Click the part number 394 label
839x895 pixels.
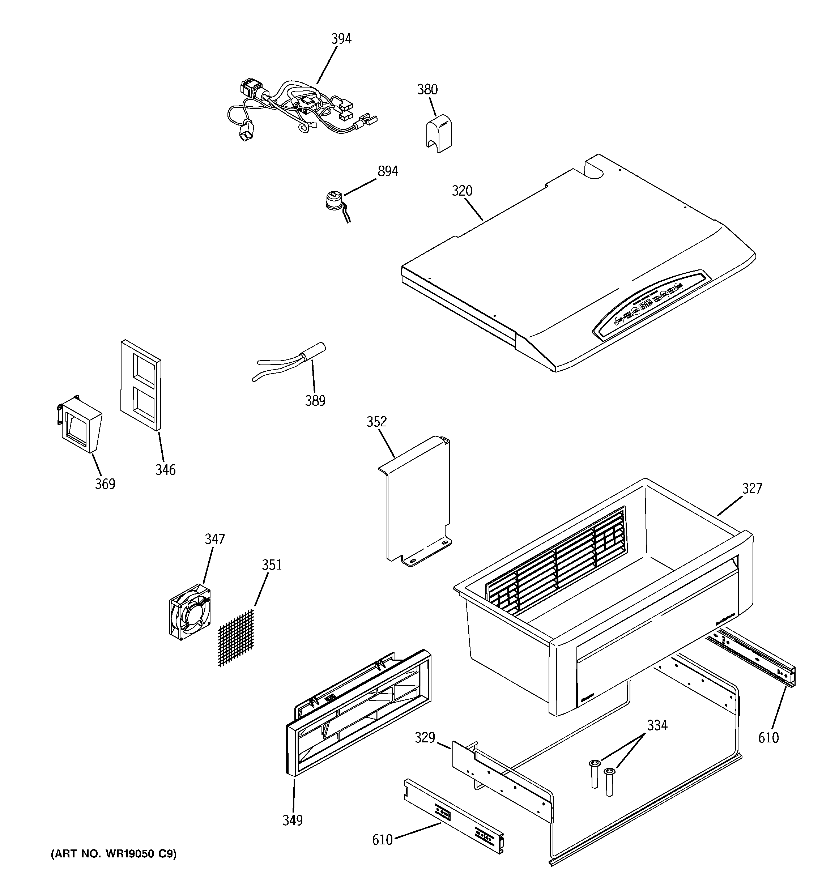pyautogui.click(x=341, y=39)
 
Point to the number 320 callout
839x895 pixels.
pyautogui.click(x=462, y=191)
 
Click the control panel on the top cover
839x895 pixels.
pyautogui.click(x=651, y=306)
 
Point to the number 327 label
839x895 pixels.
pyautogui.click(x=751, y=488)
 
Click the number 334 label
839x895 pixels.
pyautogui.click(x=657, y=725)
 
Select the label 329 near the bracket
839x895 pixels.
pyautogui.click(x=425, y=737)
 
